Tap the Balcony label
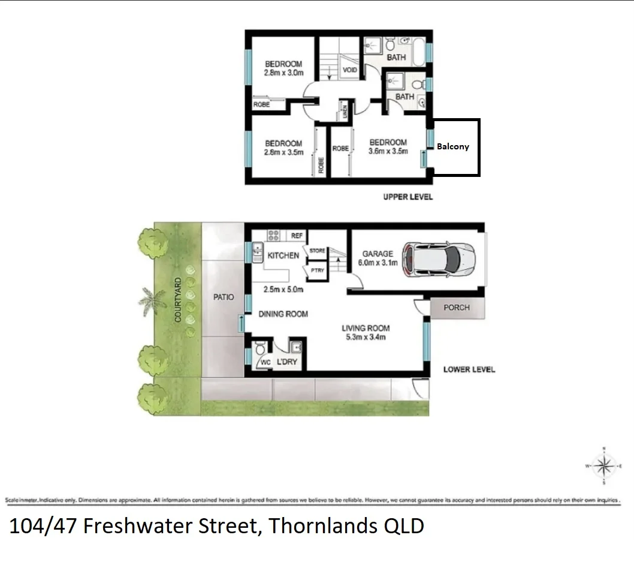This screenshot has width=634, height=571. tap(453, 146)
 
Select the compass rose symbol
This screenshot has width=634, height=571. tap(606, 465)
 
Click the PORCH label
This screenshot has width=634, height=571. tap(457, 308)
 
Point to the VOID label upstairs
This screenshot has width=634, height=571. tap(350, 70)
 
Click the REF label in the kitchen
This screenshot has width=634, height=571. tap(297, 236)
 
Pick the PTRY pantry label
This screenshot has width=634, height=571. tap(317, 271)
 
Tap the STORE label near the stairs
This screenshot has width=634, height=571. tap(317, 251)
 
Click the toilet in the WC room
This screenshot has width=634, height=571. tap(261, 349)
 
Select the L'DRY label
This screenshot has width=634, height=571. tap(286, 362)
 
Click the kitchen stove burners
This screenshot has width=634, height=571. tap(274, 235)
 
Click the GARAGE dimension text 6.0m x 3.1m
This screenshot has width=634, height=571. tap(378, 263)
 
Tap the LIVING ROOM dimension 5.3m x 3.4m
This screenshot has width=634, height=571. tap(366, 337)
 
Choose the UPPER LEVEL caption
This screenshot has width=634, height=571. tap(407, 197)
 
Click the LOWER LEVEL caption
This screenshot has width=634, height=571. tap(469, 369)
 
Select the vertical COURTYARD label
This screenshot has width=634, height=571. tap(178, 300)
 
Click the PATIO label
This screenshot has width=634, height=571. tap(224, 297)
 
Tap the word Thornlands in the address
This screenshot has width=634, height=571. tap(315, 526)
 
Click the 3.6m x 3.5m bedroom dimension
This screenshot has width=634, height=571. tap(388, 151)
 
